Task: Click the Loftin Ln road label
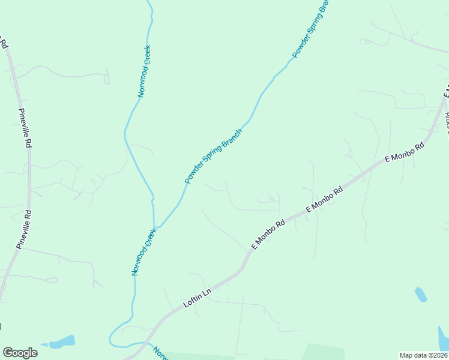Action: tap(197, 297)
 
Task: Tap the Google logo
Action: tap(20, 353)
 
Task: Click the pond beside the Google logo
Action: tap(62, 342)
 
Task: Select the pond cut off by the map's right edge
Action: tap(444, 338)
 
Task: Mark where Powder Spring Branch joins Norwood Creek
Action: tap(156, 227)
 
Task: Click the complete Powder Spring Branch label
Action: tap(213, 157)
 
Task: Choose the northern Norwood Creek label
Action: tap(143, 71)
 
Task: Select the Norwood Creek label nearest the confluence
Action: tap(144, 251)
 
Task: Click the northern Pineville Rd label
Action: tap(25, 128)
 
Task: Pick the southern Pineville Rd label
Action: tap(25, 229)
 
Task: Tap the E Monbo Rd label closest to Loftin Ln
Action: tap(268, 235)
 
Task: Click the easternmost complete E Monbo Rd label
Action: tap(405, 152)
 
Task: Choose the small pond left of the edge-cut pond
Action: tap(421, 294)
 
